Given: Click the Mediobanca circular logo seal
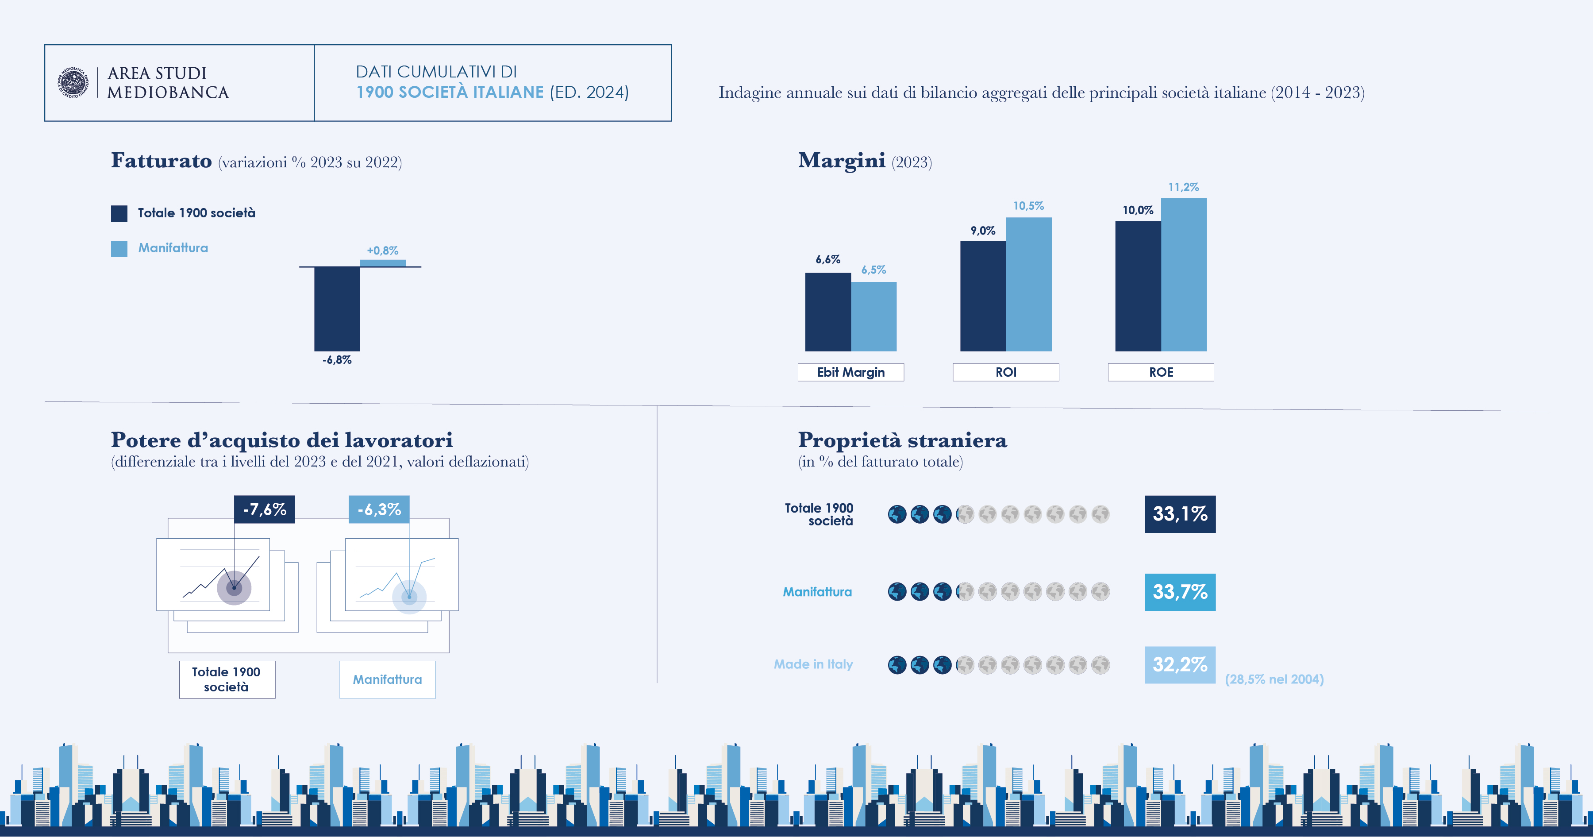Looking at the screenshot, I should coord(73,82).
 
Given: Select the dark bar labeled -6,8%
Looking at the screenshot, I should coord(337,308).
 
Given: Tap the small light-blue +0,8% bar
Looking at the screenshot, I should coord(383,263).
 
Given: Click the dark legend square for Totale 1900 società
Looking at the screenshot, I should coord(119,213).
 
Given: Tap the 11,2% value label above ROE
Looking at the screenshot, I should coord(1183,187).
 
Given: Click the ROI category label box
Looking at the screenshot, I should coord(1005,372).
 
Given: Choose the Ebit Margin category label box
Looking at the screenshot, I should coord(850,372).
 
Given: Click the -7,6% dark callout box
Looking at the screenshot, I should coord(264,509).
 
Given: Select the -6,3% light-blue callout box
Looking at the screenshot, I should coord(379,509).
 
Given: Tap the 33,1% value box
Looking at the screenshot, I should coord(1179,513).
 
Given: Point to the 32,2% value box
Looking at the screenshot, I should coord(1179,664).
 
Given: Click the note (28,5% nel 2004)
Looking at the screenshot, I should coord(1274,679).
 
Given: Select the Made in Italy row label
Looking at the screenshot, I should coord(813,664).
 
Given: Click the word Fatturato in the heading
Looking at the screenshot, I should coord(162,161).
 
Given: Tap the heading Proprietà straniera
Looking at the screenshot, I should coord(902,440).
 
